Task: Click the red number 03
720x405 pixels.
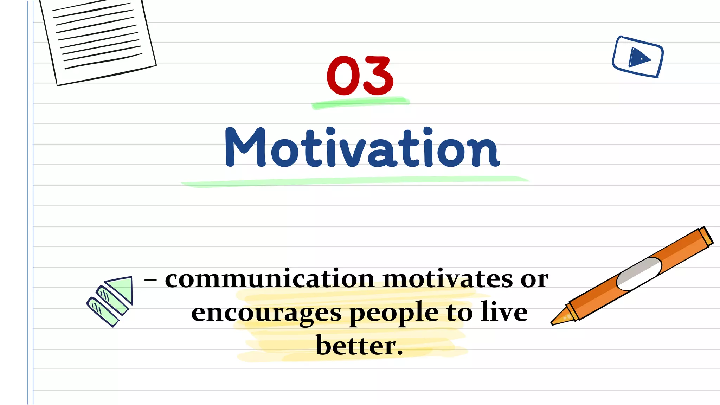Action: [x=360, y=76]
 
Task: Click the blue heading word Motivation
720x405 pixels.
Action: [x=362, y=148]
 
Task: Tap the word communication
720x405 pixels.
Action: [x=270, y=279]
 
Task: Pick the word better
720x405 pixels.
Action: [x=359, y=346]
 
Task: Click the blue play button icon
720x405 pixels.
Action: [x=638, y=57]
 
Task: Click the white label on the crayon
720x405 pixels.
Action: [x=639, y=274]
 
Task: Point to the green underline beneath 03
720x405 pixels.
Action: [x=360, y=103]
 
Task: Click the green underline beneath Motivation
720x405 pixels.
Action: [x=355, y=181]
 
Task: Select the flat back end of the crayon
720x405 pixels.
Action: [x=706, y=236]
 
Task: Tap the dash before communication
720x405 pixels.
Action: [x=150, y=280]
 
